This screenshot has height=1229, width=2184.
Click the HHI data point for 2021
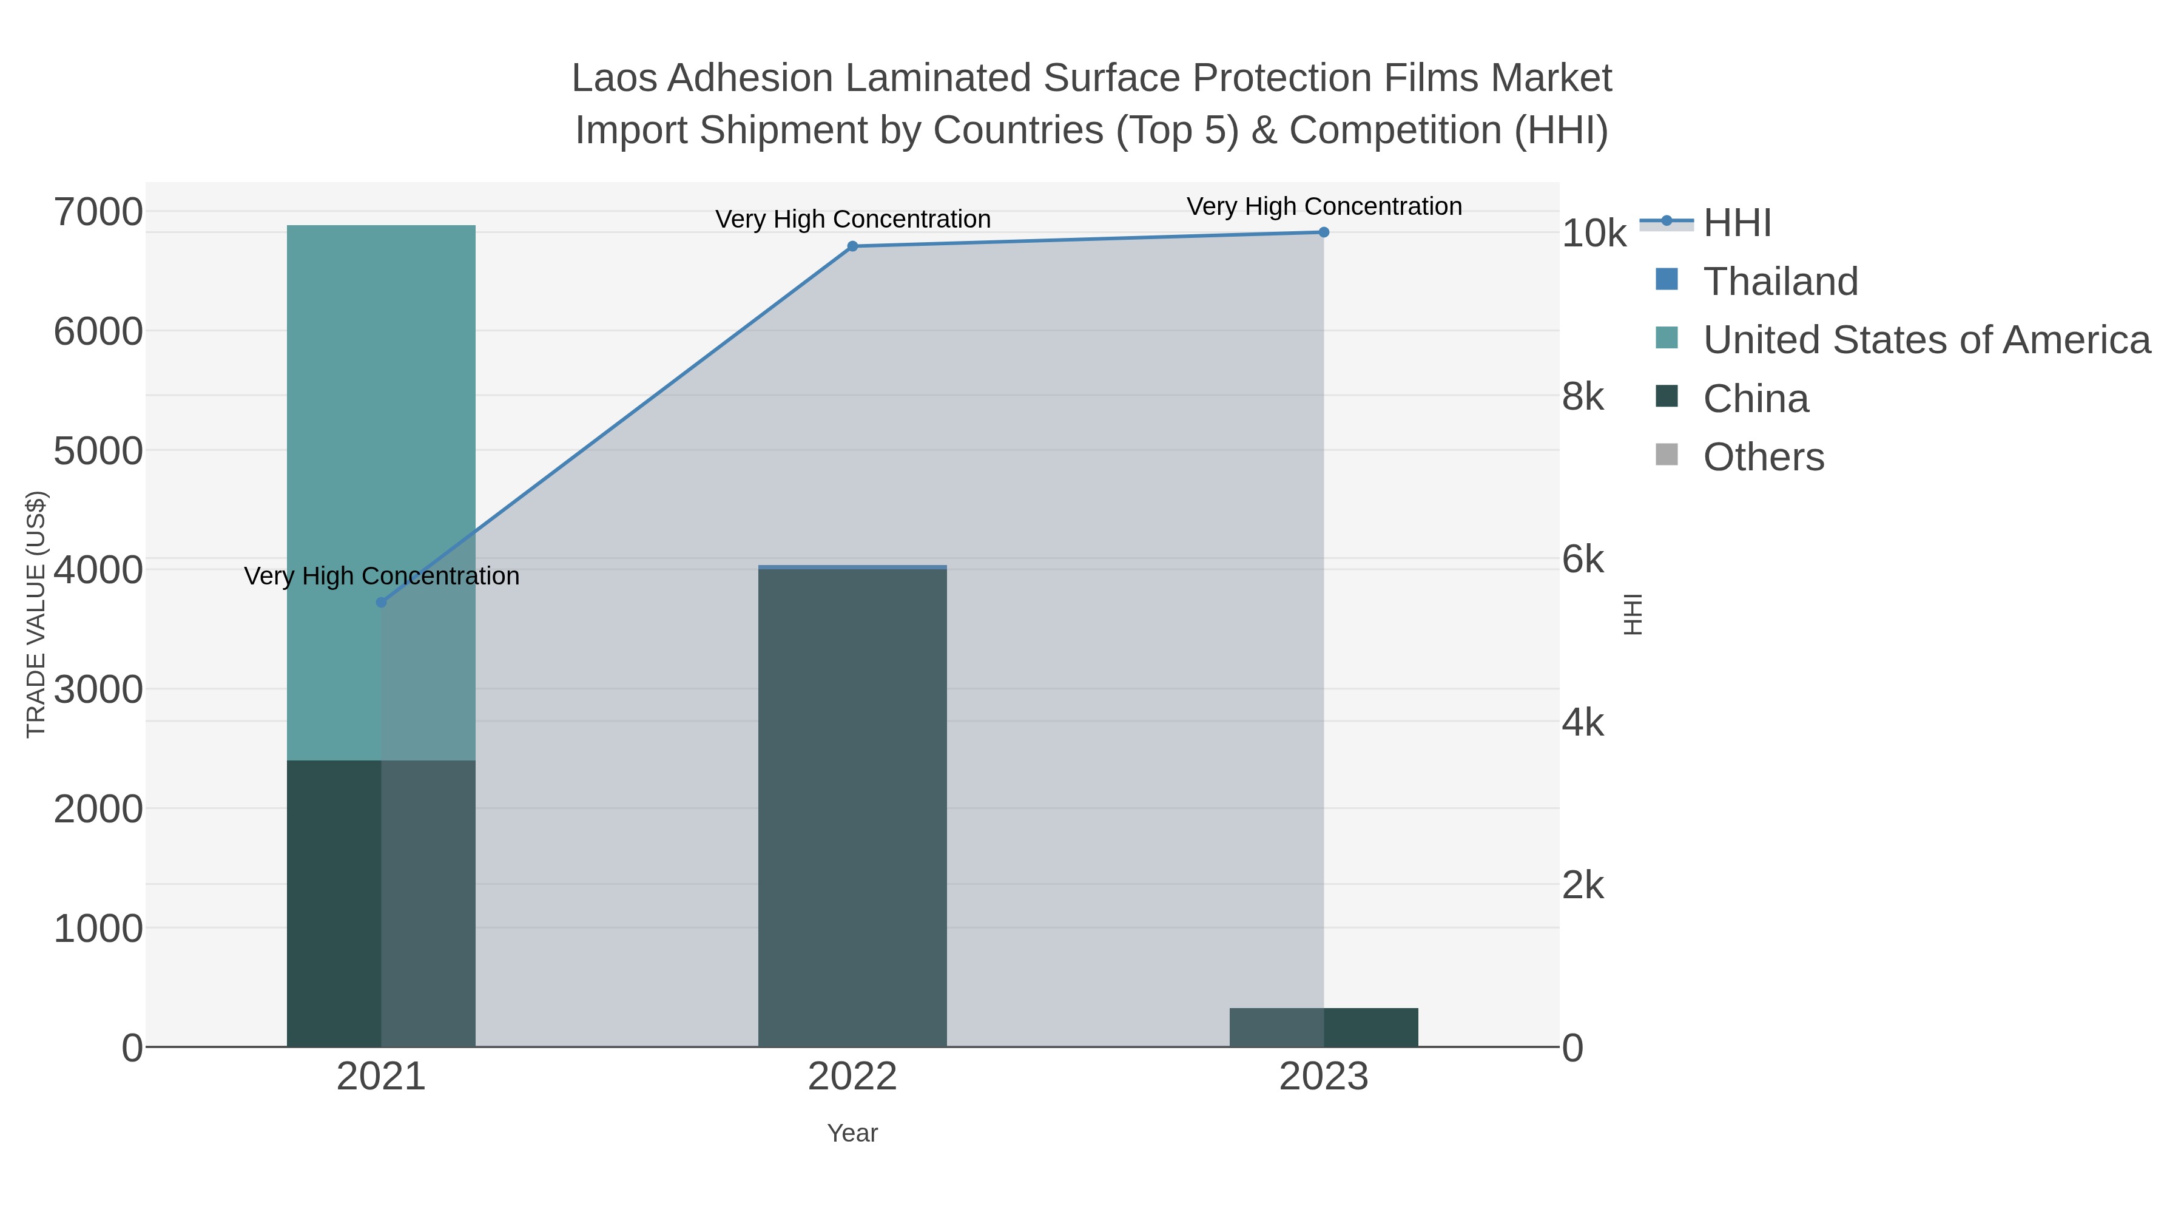pos(380,602)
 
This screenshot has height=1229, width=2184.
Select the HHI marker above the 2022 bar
pos(852,246)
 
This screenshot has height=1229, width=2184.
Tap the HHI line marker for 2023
pos(1324,232)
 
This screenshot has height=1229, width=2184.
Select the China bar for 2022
pos(852,806)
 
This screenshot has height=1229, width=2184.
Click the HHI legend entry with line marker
pos(1736,223)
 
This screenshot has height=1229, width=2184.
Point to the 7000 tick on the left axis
pos(98,212)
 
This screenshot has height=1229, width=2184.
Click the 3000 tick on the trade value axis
pos(98,689)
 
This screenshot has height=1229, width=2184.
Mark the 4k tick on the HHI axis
pos(1583,723)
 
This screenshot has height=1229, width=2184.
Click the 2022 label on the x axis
pos(852,1077)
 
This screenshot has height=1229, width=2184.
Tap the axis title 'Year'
pos(852,1133)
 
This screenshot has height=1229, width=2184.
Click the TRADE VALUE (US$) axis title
pos(36,614)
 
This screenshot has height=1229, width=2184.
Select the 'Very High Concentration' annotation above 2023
pos(1324,206)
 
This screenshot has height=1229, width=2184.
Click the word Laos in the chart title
pos(614,78)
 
